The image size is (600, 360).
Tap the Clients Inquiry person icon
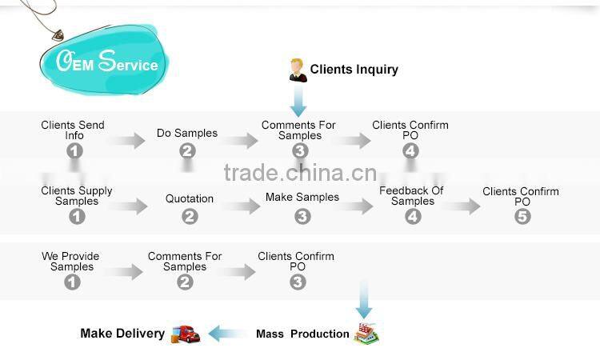pyautogui.click(x=298, y=70)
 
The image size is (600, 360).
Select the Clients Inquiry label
pyautogui.click(x=354, y=69)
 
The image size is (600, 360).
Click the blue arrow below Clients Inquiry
pyautogui.click(x=298, y=100)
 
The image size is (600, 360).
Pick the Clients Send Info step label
pyautogui.click(x=73, y=130)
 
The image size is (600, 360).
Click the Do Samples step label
pyautogui.click(x=186, y=133)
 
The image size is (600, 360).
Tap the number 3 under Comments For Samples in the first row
pyautogui.click(x=298, y=150)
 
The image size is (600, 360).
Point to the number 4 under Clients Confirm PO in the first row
pyautogui.click(x=410, y=150)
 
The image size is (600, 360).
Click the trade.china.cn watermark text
pyautogui.click(x=300, y=173)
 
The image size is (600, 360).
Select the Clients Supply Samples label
pyautogui.click(x=77, y=195)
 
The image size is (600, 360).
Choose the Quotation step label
pyautogui.click(x=190, y=198)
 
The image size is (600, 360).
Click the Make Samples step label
pyautogui.click(x=302, y=197)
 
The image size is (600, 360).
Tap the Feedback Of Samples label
pyautogui.click(x=411, y=195)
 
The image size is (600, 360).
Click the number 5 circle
pyautogui.click(x=522, y=216)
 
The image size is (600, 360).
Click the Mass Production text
pyautogui.click(x=302, y=334)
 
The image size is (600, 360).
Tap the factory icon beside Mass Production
pyautogui.click(x=366, y=332)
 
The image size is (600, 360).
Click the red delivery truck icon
pyautogui.click(x=186, y=334)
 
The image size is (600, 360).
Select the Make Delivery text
pyautogui.click(x=122, y=333)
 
